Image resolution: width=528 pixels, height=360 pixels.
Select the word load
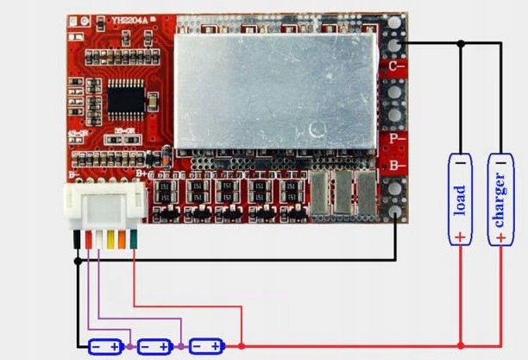coord(460,199)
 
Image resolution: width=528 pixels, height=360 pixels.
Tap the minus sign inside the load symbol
coord(460,162)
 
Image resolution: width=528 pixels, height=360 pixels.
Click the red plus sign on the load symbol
coord(460,235)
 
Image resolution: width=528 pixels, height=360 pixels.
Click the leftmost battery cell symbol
coord(106,346)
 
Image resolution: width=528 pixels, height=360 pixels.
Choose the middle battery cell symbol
coord(155,346)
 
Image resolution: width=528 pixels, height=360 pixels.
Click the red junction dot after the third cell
coord(242,346)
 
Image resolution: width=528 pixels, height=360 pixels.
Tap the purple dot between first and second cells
coord(130,346)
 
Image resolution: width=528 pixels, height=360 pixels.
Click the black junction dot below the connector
coord(79,260)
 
